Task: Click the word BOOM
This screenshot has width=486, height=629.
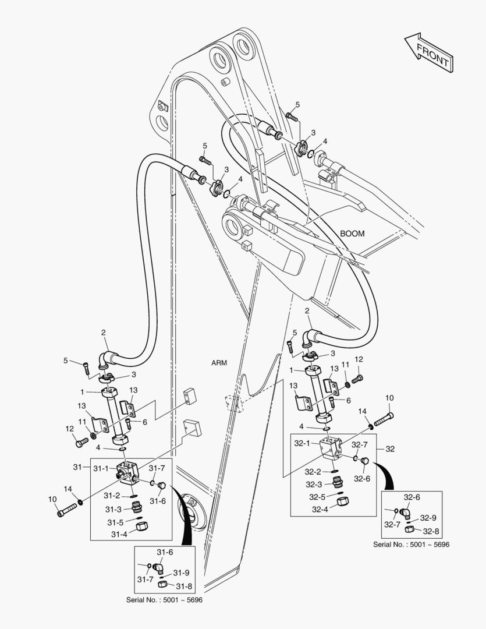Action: click(352, 234)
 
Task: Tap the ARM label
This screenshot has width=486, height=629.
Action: click(219, 362)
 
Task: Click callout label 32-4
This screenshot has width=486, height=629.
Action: click(320, 508)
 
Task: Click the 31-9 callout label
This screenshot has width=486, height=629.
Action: click(181, 573)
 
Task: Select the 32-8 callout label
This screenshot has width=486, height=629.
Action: click(431, 531)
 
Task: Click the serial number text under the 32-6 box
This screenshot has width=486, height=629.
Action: click(411, 544)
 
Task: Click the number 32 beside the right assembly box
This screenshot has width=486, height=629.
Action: click(389, 449)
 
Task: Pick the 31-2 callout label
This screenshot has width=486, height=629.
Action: click(112, 496)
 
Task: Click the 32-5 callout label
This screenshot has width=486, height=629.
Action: click(317, 497)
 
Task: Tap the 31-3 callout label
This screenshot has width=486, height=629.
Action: click(114, 509)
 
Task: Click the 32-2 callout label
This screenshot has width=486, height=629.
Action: click(315, 472)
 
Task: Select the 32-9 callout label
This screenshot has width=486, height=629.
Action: click(428, 517)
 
